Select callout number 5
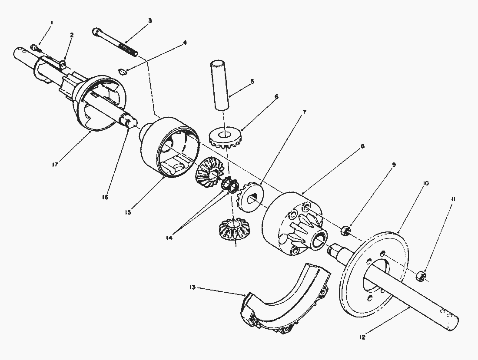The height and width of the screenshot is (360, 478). pyautogui.click(x=252, y=81)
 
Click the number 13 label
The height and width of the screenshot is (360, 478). pyautogui.click(x=193, y=287)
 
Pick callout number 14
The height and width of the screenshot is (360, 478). pyautogui.click(x=169, y=238)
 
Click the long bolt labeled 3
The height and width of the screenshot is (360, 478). pyautogui.click(x=115, y=43)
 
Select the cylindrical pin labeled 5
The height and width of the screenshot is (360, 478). pyautogui.click(x=221, y=84)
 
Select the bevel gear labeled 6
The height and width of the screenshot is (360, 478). pyautogui.click(x=225, y=139)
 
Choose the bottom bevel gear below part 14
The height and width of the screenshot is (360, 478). pyautogui.click(x=234, y=229)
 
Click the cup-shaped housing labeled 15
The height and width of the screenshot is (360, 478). pyautogui.click(x=167, y=148)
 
